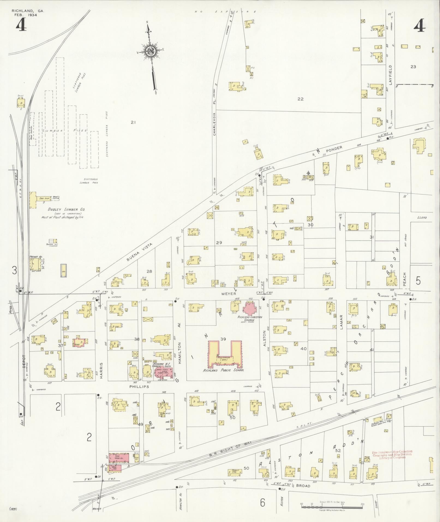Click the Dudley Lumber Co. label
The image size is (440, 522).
point(67,209)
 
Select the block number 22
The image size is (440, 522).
point(300,99)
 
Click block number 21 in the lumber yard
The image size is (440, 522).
point(133,123)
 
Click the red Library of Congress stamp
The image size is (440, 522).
point(392,455)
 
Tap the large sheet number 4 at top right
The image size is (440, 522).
point(419,26)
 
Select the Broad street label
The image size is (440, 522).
point(303,486)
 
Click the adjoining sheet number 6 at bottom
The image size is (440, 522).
point(262,502)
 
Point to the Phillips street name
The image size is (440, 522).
point(139,387)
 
